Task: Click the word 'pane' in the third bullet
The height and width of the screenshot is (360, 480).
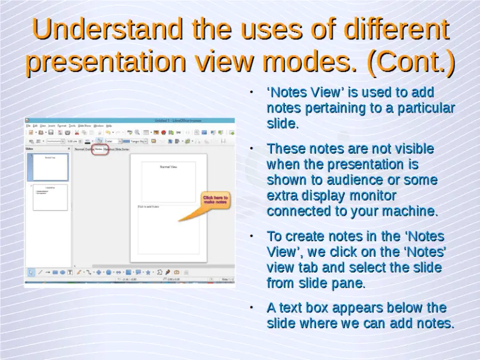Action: coord(349,284)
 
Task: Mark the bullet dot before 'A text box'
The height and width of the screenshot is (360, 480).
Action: coord(250,307)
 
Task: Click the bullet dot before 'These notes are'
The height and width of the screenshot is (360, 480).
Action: coord(250,149)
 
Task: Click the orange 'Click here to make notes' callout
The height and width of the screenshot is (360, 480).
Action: coord(215,200)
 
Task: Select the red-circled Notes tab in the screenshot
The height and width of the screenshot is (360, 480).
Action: coord(99,149)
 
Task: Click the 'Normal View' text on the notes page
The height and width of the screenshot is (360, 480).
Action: coord(168,167)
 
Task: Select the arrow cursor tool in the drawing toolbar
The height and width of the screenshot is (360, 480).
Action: coord(31,272)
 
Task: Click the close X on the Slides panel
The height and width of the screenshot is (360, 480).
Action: coord(69,149)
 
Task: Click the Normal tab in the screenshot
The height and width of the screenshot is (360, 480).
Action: coord(79,149)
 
